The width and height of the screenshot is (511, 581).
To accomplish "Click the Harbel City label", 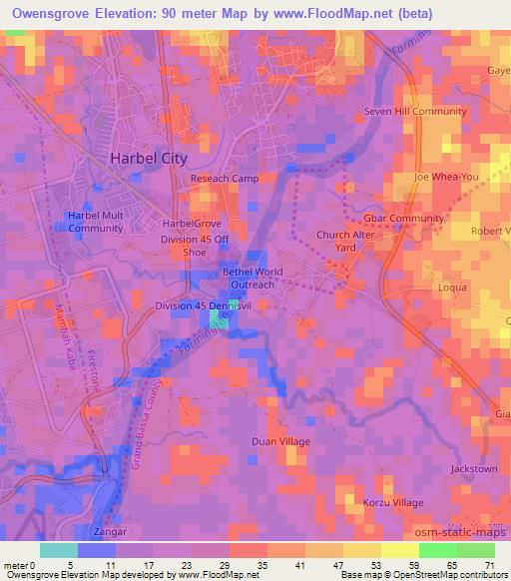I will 147,160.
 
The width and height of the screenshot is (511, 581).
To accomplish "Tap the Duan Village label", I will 280,441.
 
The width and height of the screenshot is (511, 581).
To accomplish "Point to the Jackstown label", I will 473,468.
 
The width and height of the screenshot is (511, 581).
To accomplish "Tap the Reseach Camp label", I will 225,179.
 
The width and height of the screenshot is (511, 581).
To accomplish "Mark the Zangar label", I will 109,532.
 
